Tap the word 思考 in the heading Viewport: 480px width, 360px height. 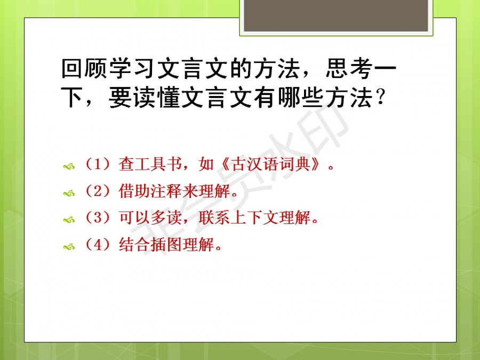coord(349,68)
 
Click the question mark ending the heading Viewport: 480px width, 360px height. coord(380,98)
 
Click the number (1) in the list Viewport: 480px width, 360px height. coord(98,164)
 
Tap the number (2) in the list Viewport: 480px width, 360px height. coord(98,191)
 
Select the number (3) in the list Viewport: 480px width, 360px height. coord(98,218)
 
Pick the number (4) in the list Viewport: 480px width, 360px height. coord(98,244)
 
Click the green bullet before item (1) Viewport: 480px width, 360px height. coord(69,166)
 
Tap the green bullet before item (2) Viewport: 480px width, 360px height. coord(69,193)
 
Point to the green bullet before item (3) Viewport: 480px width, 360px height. coord(69,220)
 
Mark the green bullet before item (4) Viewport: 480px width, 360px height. coord(69,246)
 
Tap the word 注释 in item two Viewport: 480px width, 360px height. coord(166,191)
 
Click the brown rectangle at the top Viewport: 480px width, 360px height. coord(336,15)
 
